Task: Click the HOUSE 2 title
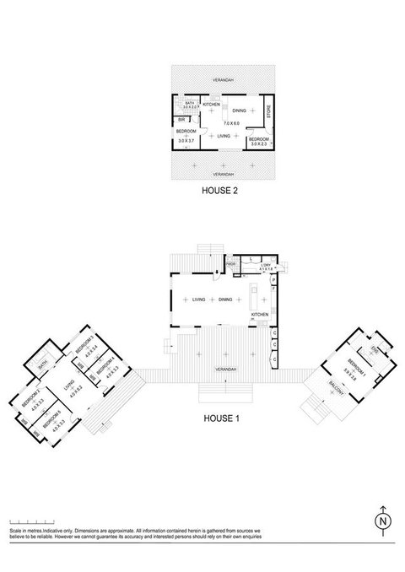click(219, 192)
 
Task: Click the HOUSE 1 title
click(223, 418)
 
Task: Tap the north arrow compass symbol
click(383, 521)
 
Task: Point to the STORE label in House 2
click(267, 111)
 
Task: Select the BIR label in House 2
click(181, 121)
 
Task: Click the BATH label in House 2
click(190, 102)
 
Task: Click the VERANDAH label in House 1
click(224, 370)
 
